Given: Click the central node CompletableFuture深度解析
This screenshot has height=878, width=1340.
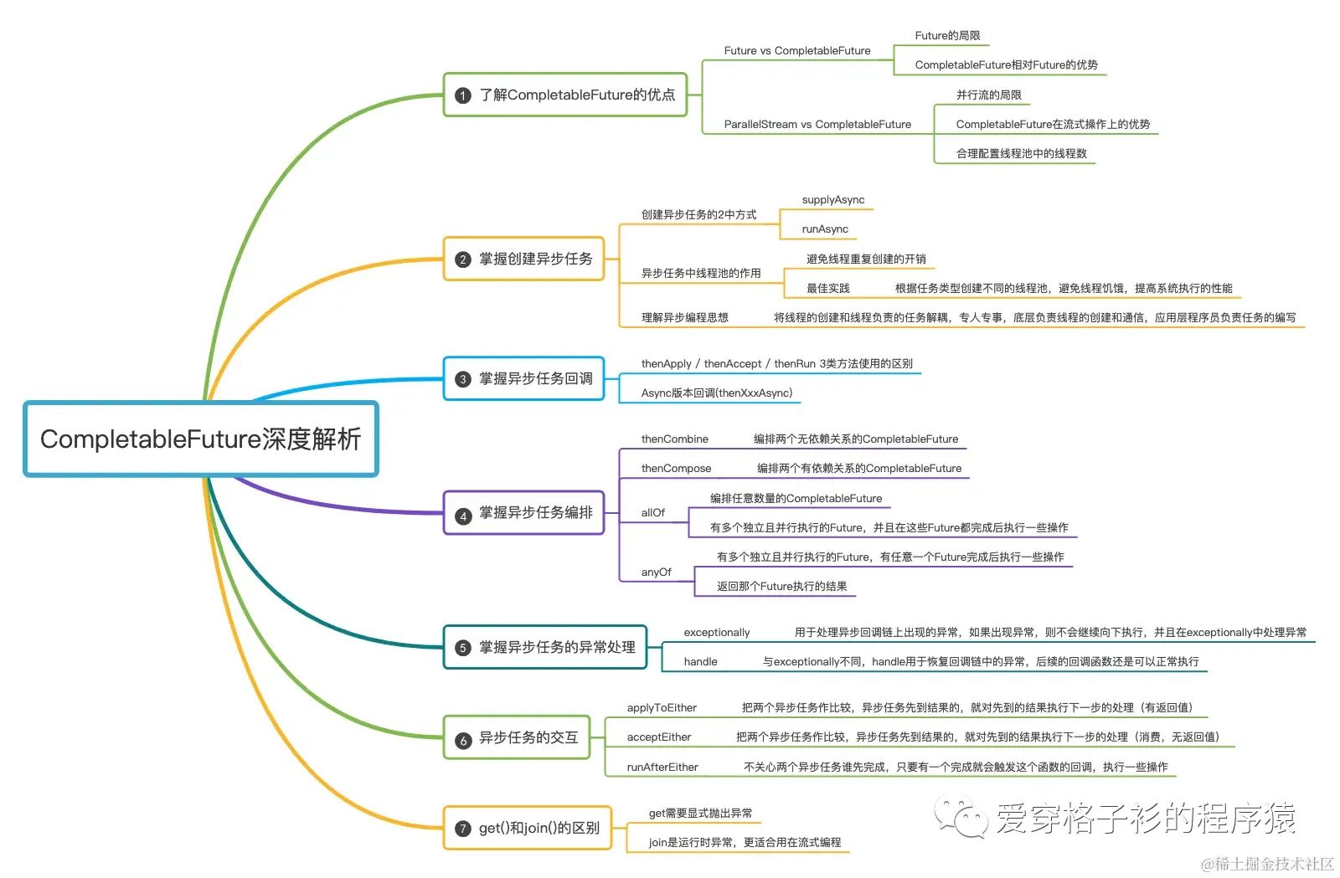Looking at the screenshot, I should coord(201,439).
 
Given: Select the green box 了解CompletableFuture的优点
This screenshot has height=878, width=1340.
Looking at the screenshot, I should coord(565,95).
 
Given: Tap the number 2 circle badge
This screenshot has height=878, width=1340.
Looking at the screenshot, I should coord(462,259).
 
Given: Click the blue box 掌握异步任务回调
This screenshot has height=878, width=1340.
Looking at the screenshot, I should coord(524,379).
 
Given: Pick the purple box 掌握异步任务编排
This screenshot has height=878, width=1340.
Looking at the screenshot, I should coord(524,512).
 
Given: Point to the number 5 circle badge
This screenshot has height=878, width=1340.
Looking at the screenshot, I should coord(462,648).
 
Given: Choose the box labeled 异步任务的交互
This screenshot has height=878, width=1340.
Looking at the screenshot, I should coord(517,737).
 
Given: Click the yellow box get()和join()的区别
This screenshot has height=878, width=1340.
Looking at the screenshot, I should coord(528,828).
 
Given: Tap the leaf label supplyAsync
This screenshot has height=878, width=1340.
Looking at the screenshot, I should coord(833,200).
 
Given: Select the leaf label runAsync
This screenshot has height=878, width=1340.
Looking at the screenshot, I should coord(825,229).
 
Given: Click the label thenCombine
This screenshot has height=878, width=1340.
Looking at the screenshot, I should coord(675,439).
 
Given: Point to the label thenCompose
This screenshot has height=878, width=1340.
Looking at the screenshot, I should coord(676,469).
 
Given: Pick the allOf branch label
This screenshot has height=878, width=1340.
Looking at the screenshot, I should coord(653,513).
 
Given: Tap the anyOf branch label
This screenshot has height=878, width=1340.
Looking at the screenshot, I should coord(657,572).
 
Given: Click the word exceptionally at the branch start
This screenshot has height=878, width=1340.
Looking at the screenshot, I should coord(717,633).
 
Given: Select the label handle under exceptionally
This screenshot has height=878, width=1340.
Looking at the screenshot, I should coord(701,662).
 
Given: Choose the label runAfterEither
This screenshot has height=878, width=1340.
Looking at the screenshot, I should coord(662,768).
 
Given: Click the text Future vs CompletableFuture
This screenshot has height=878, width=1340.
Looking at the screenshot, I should coord(797,51).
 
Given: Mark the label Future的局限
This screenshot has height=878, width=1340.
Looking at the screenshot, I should coord(947,36).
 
